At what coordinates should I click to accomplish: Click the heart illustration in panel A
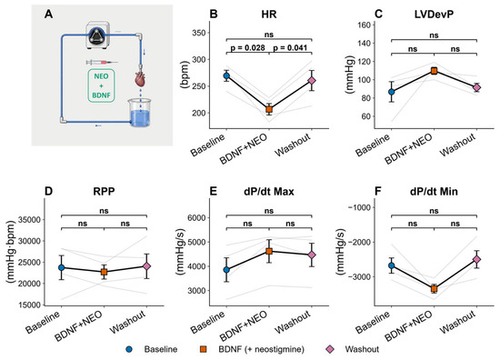pyautogui.click(x=140, y=79)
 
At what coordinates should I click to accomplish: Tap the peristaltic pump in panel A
pyautogui.click(x=98, y=35)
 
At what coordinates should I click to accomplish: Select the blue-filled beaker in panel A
pyautogui.click(x=139, y=113)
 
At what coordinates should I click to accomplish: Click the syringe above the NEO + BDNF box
pyautogui.click(x=102, y=62)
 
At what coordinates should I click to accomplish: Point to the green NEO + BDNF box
pyautogui.click(x=101, y=85)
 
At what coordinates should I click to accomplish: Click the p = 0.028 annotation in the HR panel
pyautogui.click(x=247, y=48)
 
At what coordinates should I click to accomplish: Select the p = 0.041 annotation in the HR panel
pyautogui.click(x=290, y=48)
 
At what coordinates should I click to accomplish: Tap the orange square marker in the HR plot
pyautogui.click(x=269, y=109)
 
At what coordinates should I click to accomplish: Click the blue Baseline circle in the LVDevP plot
pyautogui.click(x=391, y=92)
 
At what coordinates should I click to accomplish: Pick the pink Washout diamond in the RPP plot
pyautogui.click(x=146, y=266)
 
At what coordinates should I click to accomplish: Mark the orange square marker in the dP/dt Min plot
pyautogui.click(x=434, y=289)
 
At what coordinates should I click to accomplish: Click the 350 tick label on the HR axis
pyautogui.click(x=199, y=33)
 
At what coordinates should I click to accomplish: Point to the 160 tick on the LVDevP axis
pyautogui.click(x=365, y=25)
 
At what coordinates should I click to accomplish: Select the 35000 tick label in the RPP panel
pyautogui.click(x=29, y=220)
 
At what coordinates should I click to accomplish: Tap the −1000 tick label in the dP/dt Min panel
pyautogui.click(x=359, y=207)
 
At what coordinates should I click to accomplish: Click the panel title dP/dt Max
pyautogui.click(x=269, y=191)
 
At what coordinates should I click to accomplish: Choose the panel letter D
pyautogui.click(x=48, y=191)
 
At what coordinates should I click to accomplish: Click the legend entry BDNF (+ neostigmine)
pyautogui.click(x=261, y=349)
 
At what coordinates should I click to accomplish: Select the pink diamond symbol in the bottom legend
pyautogui.click(x=331, y=349)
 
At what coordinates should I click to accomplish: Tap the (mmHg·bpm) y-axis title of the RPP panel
pyautogui.click(x=11, y=252)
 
